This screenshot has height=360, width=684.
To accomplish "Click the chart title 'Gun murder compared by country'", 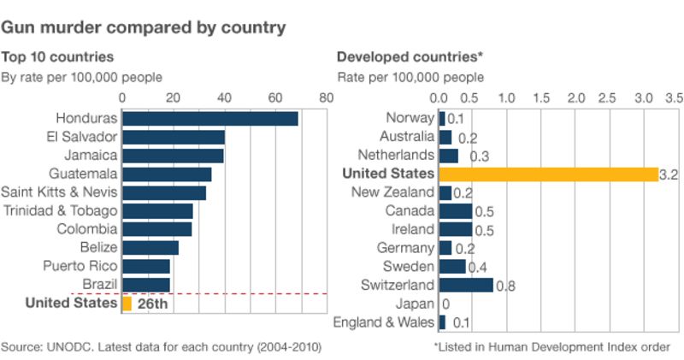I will (x=143, y=27).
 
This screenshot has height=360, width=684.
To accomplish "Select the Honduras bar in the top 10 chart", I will (x=210, y=118).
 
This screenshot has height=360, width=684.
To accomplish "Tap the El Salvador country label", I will (x=82, y=137).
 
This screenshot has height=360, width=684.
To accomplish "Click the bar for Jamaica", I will (x=173, y=156).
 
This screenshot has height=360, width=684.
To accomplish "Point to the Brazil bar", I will (x=146, y=285).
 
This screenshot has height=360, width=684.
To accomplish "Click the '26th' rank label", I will (x=152, y=304).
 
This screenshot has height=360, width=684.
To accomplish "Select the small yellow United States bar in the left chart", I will (x=127, y=304).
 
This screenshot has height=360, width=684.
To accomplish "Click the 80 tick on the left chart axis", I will (x=325, y=97).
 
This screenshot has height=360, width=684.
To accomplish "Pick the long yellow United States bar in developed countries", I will (x=548, y=174).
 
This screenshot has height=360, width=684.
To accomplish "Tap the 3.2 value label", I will (x=669, y=174).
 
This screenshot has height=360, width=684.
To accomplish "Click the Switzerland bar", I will (x=466, y=285).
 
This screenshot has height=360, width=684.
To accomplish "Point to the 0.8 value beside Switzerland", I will (x=505, y=286).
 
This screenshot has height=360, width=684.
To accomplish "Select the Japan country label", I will (x=416, y=304).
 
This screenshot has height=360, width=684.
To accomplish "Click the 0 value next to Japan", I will (x=445, y=304).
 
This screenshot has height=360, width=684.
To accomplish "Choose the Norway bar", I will (x=442, y=118).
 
